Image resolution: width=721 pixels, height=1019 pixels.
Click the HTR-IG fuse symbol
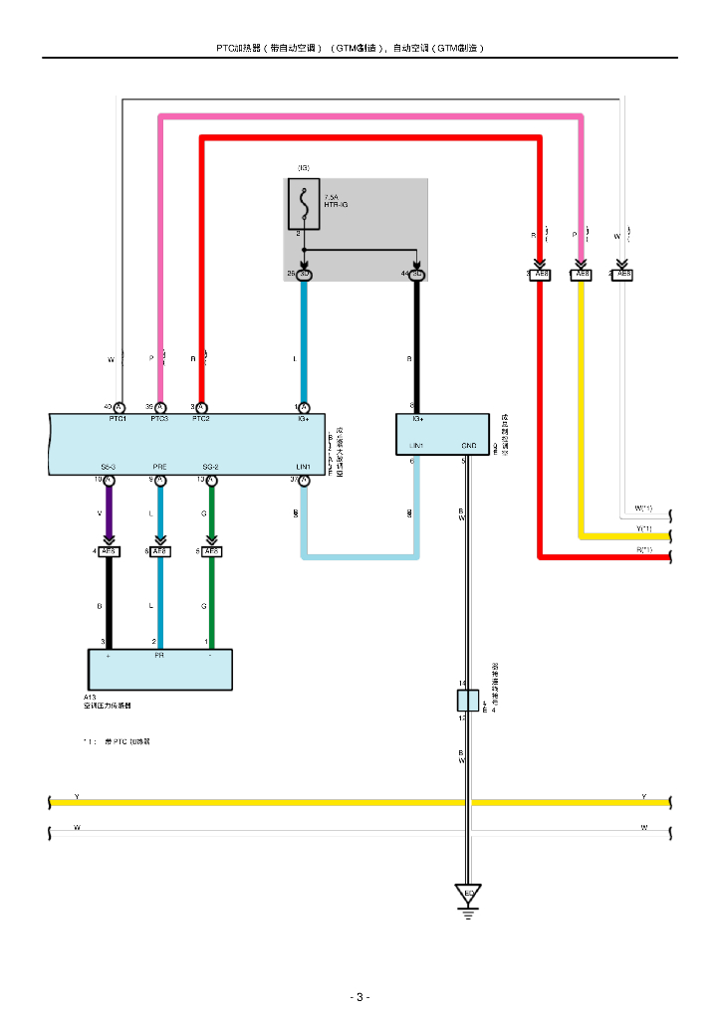303,203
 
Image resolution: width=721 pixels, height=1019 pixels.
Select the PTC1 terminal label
118,419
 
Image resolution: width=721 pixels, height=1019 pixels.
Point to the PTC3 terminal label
159,419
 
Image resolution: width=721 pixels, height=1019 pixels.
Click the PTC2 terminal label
201,419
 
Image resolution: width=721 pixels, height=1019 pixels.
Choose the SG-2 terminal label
210,467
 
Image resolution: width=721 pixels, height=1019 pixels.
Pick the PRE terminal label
159,467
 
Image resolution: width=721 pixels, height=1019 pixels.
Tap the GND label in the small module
469,446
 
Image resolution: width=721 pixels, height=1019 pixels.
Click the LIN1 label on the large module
303,467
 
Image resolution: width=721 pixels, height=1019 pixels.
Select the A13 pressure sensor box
159,670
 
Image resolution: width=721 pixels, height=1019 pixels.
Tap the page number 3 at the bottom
360,997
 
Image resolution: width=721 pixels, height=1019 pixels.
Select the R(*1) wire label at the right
644,549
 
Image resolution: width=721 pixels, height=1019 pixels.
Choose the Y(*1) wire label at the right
644,528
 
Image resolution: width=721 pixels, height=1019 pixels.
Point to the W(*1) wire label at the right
644,509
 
